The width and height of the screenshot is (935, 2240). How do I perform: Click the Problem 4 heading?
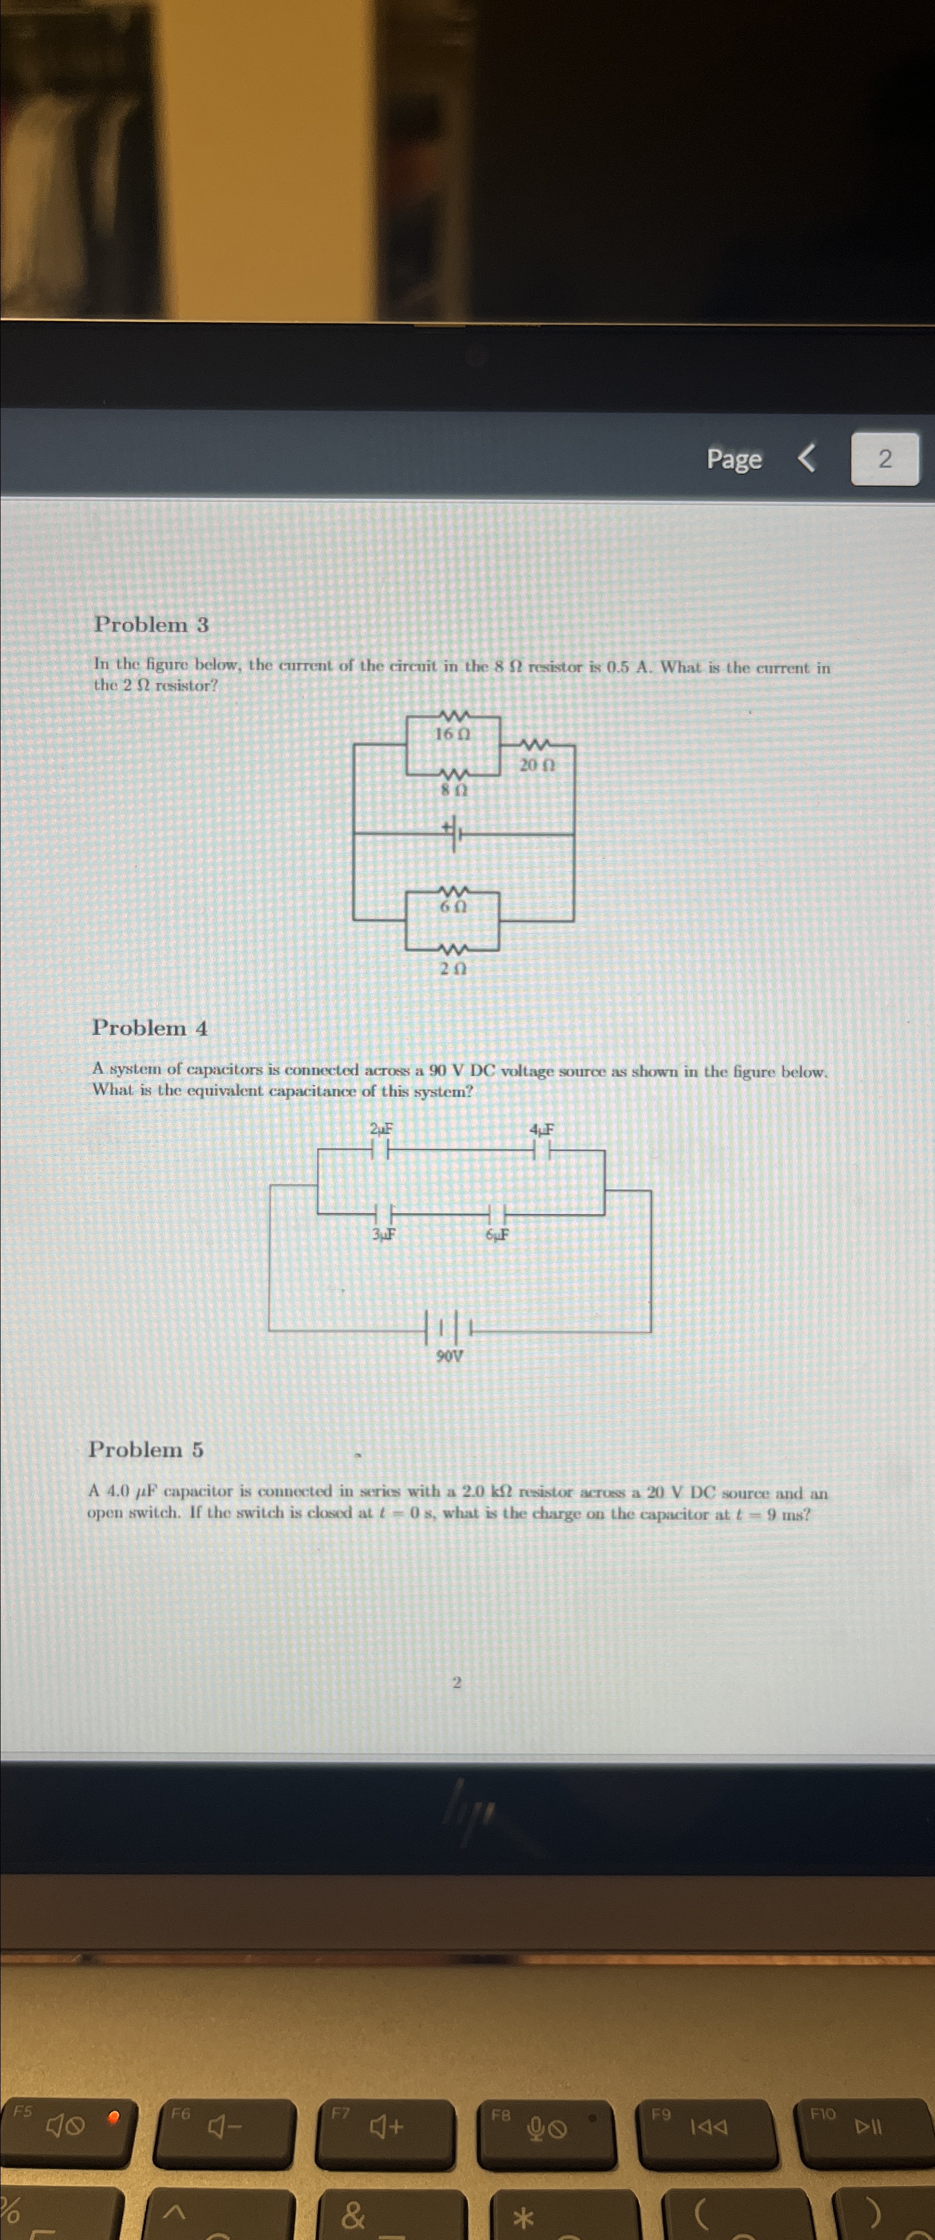[x=149, y=1028]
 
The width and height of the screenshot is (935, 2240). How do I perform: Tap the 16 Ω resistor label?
[x=452, y=734]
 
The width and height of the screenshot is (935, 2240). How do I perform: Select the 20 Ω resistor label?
[x=537, y=765]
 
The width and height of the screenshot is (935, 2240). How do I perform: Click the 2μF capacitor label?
[x=381, y=1129]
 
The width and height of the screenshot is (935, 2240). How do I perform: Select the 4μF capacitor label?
[x=542, y=1129]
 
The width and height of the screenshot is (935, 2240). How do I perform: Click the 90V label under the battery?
[x=449, y=1356]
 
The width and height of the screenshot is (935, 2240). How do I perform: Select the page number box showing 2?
[x=884, y=458]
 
